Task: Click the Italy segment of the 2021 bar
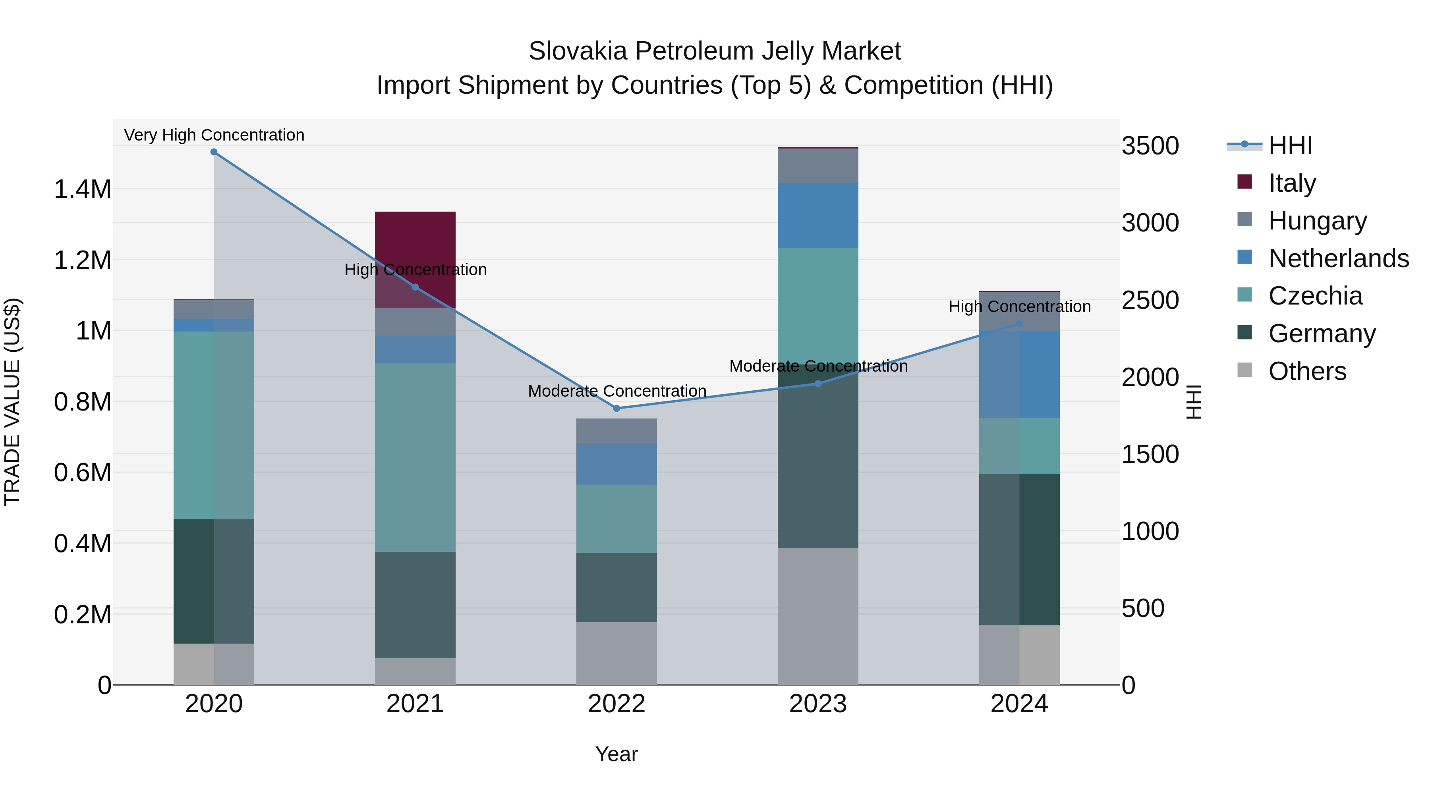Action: point(415,244)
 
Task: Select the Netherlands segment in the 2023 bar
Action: point(818,215)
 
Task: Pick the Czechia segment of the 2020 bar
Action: point(214,425)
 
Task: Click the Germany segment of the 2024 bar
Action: point(1019,549)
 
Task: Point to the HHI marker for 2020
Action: point(214,152)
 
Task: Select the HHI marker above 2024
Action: point(1019,324)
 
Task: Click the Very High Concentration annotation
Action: point(214,135)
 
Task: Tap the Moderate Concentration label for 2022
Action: point(617,391)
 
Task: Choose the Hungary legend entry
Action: point(1317,221)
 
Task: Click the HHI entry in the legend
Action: point(1290,145)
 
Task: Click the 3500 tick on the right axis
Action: point(1150,146)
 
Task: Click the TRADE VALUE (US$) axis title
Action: point(12,402)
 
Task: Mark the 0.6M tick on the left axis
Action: point(82,473)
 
